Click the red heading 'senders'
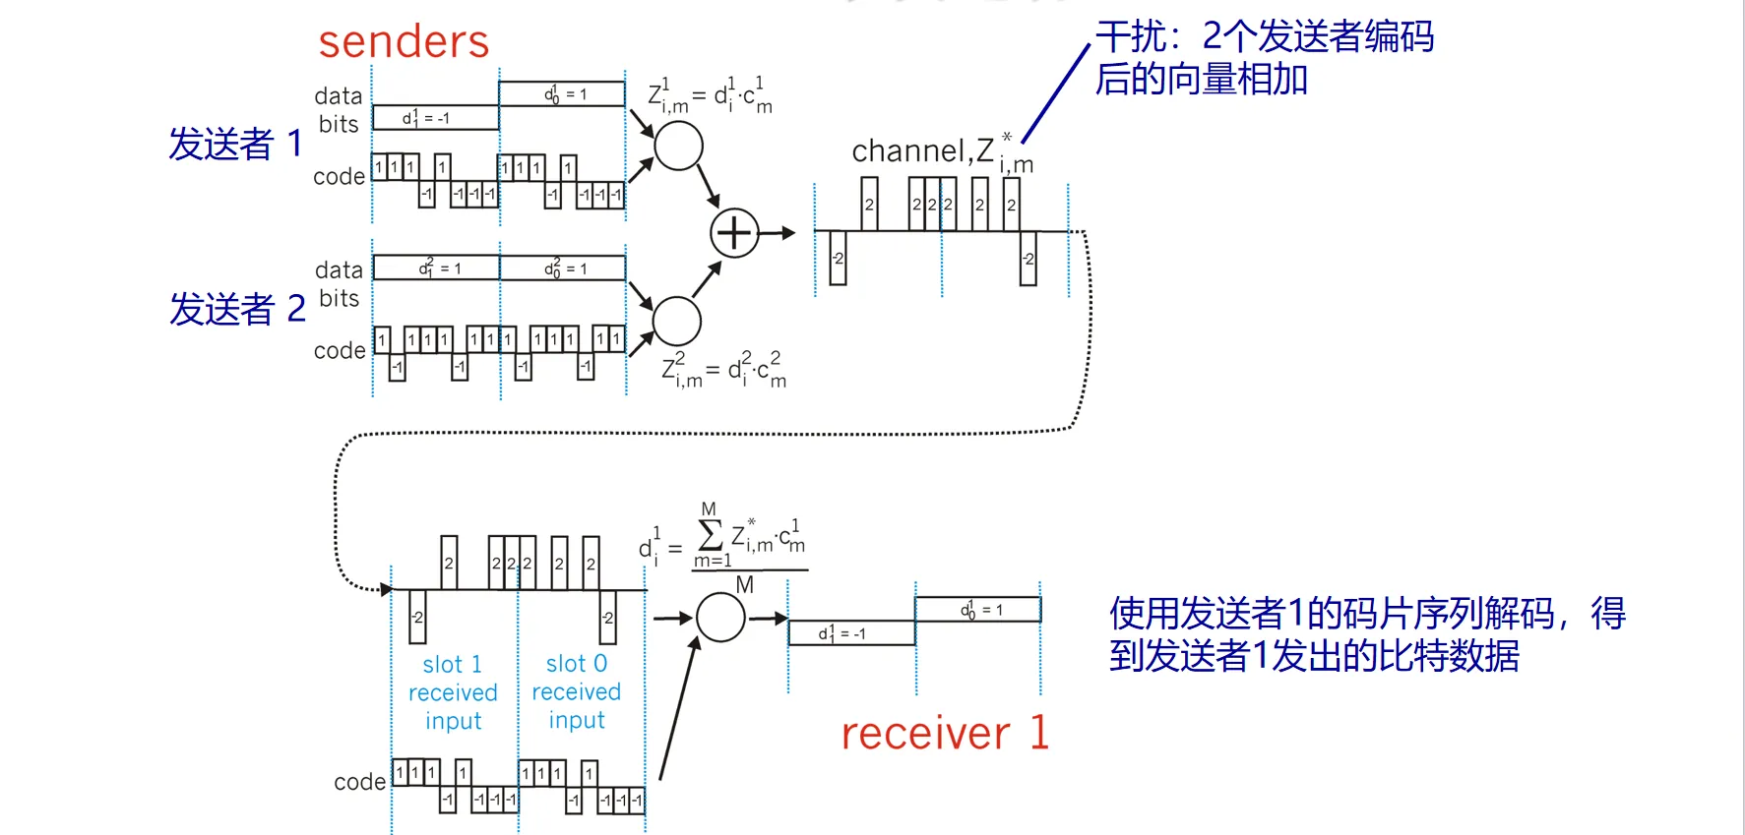(x=404, y=42)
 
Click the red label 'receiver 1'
(x=945, y=734)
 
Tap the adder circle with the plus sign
(x=734, y=233)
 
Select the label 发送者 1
(x=235, y=144)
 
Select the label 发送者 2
(x=237, y=309)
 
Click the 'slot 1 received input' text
(x=453, y=692)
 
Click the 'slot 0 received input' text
(x=577, y=691)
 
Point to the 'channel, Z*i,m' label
(x=941, y=152)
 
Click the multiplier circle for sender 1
(x=678, y=147)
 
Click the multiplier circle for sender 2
(x=676, y=321)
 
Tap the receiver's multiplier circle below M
(x=720, y=618)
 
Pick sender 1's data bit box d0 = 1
(x=562, y=94)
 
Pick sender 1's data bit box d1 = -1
(x=435, y=118)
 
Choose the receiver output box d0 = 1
(x=978, y=610)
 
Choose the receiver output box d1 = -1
(x=851, y=633)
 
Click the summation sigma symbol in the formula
(x=709, y=536)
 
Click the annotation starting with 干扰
(x=1264, y=57)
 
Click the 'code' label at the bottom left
(x=359, y=782)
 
